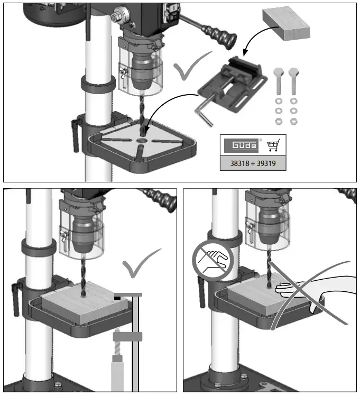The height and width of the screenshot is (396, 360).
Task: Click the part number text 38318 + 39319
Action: (253, 163)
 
